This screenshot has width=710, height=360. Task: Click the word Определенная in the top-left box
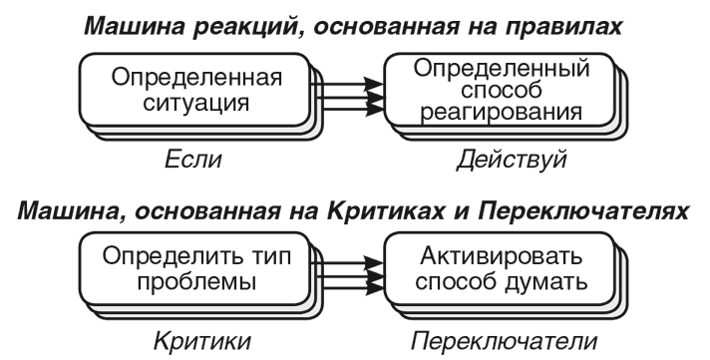pyautogui.click(x=197, y=78)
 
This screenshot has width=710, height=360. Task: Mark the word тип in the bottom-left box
pyautogui.click(x=269, y=258)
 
